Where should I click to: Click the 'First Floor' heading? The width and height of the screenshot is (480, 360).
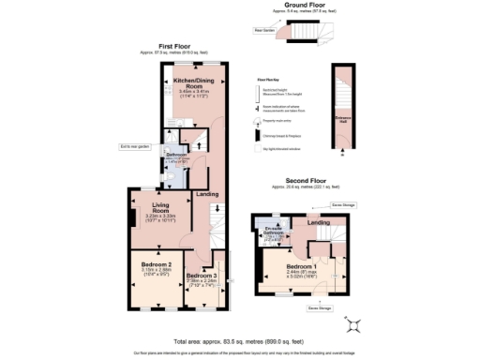(176, 46)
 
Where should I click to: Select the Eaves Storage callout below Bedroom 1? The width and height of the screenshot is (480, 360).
(322, 306)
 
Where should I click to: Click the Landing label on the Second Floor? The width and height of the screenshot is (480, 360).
(319, 222)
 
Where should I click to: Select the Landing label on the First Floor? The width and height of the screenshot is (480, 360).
(204, 195)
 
